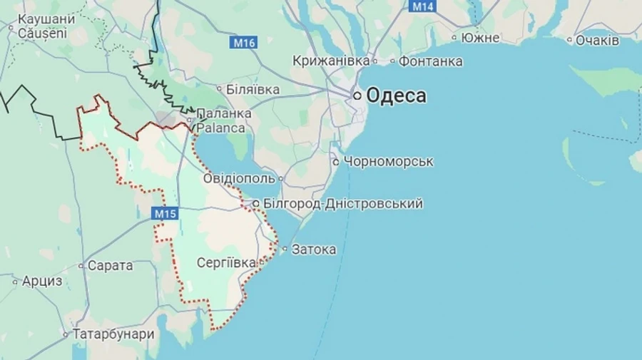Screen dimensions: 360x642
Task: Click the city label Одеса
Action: pos(397,96)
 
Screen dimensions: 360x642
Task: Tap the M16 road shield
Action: pos(244,43)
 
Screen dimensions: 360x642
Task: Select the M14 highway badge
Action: pos(422,6)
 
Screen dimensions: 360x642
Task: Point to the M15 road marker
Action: pos(165,212)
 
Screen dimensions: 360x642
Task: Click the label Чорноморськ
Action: pos(389,162)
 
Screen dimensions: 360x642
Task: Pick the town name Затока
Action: pos(314,250)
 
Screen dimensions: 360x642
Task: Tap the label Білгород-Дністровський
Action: pos(343,204)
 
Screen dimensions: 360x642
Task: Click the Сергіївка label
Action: pos(225,262)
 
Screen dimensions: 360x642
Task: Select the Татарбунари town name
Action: pos(113,334)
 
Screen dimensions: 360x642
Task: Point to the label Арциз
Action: pos(42,281)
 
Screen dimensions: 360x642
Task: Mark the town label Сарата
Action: pos(110,265)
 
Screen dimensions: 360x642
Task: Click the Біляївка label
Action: pos(253,90)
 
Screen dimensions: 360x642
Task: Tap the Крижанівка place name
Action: pos(331,61)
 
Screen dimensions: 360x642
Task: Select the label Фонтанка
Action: pos(430,61)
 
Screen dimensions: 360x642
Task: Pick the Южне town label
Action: pos(480,38)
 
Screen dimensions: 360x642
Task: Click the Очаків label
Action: pos(597,41)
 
